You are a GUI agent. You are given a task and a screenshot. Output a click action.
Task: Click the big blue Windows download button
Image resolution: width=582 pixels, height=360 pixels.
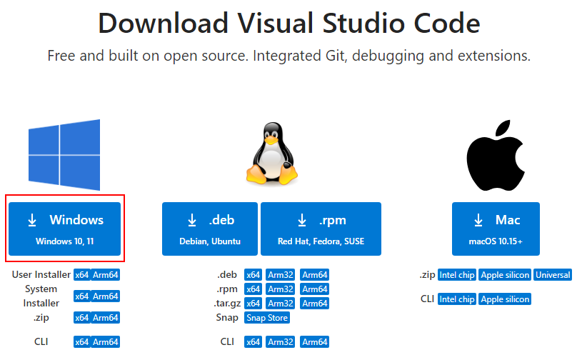point(64,229)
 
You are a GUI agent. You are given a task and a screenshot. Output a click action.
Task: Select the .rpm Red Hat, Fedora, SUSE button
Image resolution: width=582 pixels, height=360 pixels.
point(321,229)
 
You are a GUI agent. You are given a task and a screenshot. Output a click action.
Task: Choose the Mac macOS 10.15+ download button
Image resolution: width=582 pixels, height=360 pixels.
point(496,229)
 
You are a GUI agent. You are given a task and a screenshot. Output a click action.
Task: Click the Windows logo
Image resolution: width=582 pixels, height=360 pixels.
point(64,155)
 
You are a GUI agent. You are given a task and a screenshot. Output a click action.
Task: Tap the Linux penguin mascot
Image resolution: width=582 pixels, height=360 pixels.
point(271,154)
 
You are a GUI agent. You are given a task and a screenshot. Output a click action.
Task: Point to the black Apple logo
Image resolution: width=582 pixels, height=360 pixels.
point(496,155)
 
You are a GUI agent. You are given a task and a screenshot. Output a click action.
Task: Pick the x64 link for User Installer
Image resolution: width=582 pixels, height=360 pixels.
point(81,275)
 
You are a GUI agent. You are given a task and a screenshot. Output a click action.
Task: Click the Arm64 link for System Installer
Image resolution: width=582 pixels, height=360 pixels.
point(106,296)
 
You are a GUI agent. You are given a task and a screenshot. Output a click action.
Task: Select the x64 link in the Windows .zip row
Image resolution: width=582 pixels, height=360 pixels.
point(81,318)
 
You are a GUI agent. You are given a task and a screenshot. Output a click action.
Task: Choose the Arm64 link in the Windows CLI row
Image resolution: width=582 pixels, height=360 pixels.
point(106,342)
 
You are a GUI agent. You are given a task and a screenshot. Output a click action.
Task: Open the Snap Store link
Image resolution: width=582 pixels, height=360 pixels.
point(267,318)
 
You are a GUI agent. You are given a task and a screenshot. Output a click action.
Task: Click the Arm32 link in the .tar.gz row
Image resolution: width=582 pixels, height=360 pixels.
point(281,304)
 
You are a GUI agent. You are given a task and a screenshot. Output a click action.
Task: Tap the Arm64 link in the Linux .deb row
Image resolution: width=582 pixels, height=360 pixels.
point(315,275)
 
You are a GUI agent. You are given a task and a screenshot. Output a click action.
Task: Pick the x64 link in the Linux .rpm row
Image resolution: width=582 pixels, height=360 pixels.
point(253,289)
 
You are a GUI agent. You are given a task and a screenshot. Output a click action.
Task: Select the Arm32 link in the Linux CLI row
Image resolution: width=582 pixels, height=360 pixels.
point(281,342)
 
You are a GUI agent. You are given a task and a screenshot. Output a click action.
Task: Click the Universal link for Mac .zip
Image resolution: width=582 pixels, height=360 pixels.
point(553,275)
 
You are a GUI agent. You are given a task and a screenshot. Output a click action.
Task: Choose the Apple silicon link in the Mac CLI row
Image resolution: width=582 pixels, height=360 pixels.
point(505,299)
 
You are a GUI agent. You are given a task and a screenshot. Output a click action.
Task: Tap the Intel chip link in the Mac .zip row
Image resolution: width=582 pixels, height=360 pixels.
point(457,275)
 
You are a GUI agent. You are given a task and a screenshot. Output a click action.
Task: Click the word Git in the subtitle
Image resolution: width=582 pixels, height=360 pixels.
point(336,56)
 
